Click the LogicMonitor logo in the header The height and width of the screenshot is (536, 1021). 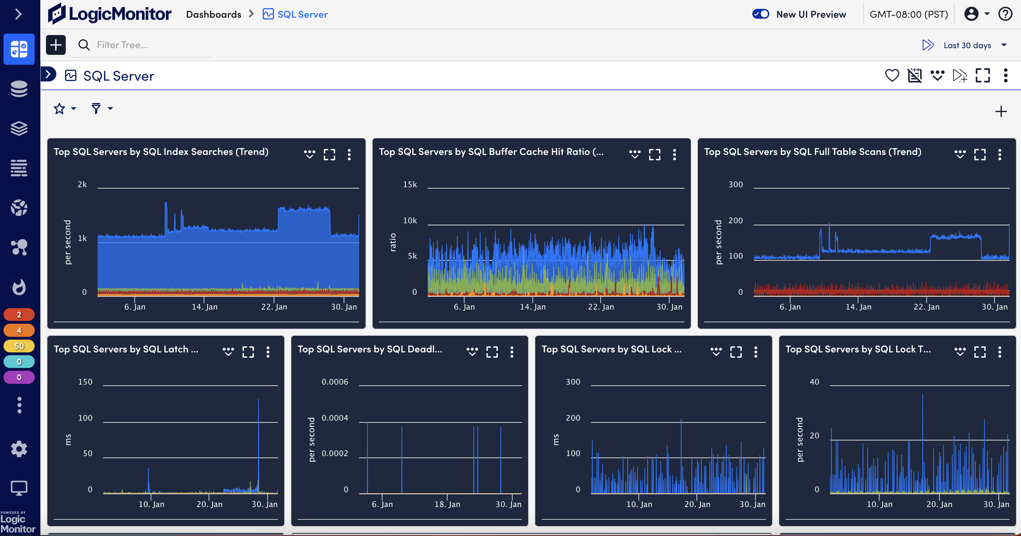(109, 14)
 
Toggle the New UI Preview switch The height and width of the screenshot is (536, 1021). (760, 14)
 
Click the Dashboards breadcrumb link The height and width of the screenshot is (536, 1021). (213, 14)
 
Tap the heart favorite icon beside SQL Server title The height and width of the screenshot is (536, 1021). (892, 75)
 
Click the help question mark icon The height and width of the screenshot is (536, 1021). (1005, 14)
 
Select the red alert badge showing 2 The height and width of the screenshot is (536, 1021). (19, 315)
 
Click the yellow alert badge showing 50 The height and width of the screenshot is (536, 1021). (19, 346)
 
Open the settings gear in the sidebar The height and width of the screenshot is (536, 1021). (19, 449)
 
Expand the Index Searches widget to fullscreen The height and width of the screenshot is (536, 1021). (329, 154)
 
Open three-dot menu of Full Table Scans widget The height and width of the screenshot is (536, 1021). (999, 154)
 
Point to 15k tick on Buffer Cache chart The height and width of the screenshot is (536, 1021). (410, 184)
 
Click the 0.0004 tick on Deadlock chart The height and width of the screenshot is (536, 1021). (334, 418)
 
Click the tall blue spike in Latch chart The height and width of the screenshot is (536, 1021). (258, 437)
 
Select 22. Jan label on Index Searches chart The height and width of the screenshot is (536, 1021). (274, 307)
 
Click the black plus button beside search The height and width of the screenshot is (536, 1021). (56, 45)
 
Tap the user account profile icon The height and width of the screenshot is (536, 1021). (971, 14)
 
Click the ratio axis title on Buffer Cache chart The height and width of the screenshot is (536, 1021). (393, 242)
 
